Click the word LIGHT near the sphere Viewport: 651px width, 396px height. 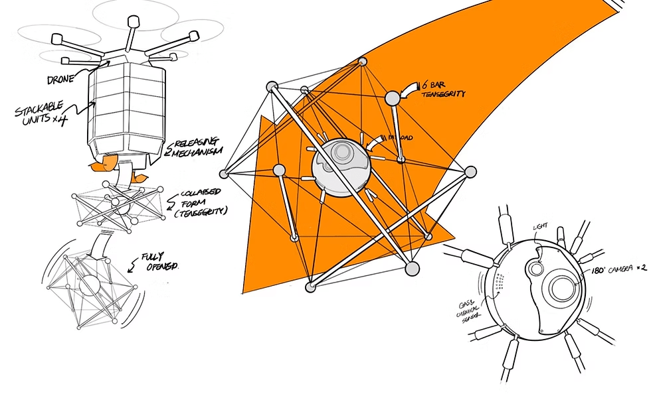click(541, 228)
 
